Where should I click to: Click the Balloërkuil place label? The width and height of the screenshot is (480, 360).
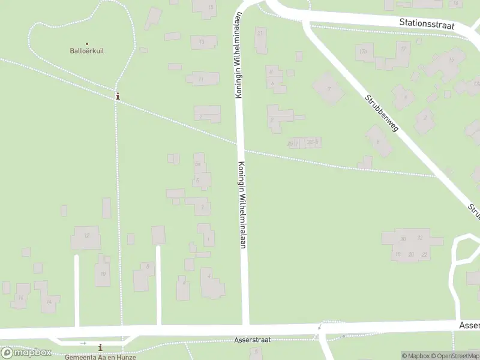tap(87, 51)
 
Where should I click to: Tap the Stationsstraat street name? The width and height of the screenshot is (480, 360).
tap(427, 25)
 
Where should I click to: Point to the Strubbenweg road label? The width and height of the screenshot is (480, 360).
tap(381, 113)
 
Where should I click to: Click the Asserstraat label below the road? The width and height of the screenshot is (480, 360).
tap(252, 340)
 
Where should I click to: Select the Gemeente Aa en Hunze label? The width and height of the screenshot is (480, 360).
tap(101, 357)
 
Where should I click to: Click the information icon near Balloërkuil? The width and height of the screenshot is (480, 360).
tap(118, 95)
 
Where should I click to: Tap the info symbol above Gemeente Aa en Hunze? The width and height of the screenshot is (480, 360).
tap(100, 347)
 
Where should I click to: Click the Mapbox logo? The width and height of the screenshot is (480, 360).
tap(26, 352)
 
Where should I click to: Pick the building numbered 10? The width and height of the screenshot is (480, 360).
tap(103, 274)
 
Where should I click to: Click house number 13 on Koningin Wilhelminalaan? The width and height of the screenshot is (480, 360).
tap(202, 42)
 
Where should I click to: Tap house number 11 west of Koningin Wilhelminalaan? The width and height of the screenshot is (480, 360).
tap(201, 79)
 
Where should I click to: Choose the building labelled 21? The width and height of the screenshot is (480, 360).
tap(260, 33)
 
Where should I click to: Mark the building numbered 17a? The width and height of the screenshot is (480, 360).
tap(362, 52)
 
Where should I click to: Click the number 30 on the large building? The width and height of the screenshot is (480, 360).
tap(403, 239)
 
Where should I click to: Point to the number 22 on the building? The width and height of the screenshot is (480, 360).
tap(425, 254)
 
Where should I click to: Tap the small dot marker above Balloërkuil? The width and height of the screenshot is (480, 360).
tap(87, 43)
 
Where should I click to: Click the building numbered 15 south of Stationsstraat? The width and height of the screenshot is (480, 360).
tap(211, 7)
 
